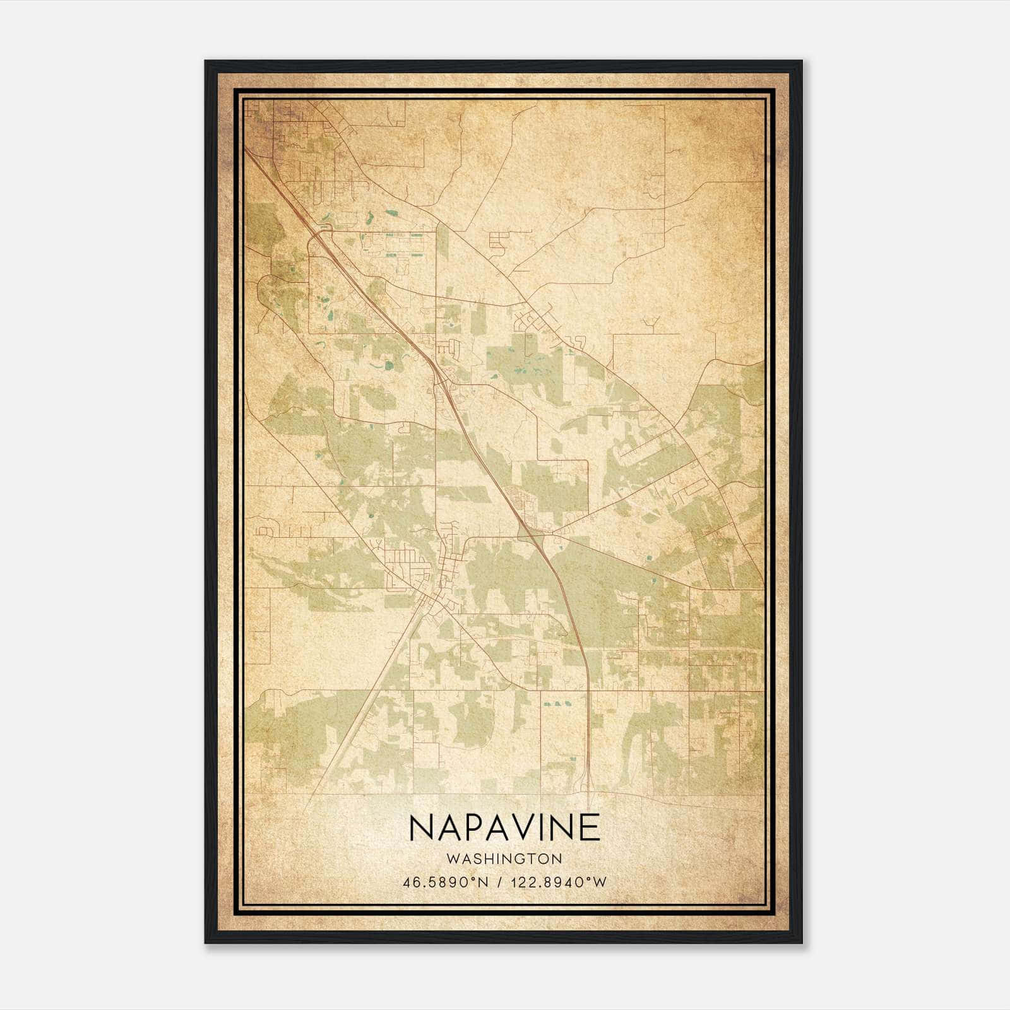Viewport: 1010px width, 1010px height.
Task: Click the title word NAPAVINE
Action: point(504,827)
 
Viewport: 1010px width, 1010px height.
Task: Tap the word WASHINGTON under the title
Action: point(504,858)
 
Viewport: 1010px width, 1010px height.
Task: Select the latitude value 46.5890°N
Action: point(446,882)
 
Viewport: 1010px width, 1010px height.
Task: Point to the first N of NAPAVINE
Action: point(421,827)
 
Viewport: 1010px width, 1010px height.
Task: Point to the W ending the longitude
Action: point(600,882)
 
